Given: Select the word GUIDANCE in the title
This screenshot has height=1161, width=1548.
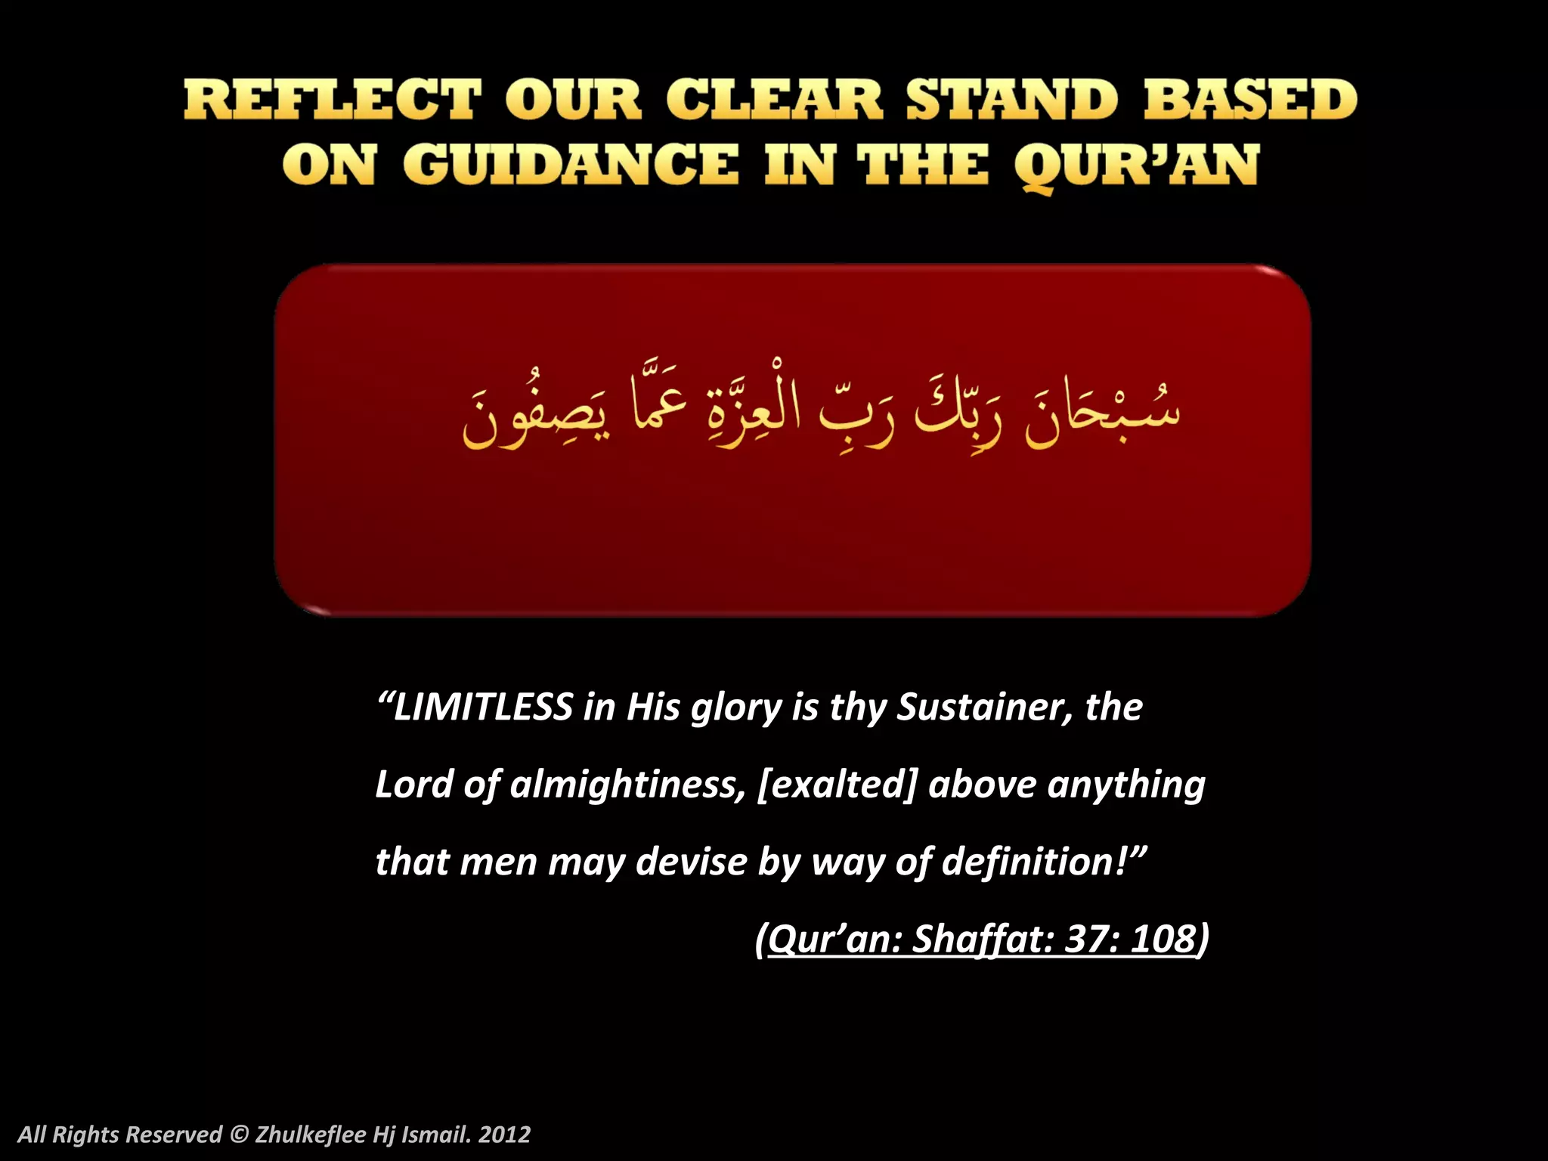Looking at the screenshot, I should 571,165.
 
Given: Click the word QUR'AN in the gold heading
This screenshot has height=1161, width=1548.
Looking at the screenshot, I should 1136,166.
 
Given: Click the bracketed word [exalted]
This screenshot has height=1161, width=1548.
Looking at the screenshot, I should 837,785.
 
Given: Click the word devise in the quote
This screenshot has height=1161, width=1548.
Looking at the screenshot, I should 691,862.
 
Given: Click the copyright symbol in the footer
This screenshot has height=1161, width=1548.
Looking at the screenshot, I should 239,1135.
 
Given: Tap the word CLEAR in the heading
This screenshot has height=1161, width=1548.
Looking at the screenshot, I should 774,100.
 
